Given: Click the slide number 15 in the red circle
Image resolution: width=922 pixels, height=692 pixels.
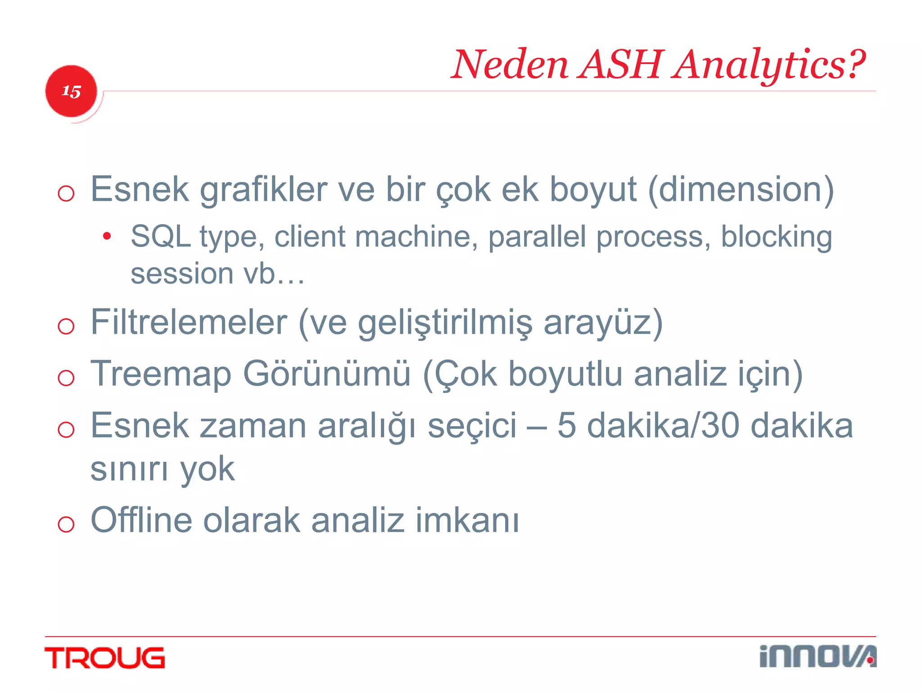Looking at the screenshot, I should click(71, 91).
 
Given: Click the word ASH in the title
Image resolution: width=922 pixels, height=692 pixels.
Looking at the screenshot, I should click(621, 64).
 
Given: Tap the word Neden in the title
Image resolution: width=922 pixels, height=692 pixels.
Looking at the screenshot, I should click(510, 64).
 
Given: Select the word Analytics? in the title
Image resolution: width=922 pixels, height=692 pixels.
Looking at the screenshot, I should click(769, 64).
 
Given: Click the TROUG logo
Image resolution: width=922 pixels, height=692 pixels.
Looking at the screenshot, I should click(105, 658).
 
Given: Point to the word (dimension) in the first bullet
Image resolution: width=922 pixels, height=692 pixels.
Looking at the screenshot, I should click(741, 190).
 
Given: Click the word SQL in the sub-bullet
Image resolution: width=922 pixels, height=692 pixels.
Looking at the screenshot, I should click(160, 237).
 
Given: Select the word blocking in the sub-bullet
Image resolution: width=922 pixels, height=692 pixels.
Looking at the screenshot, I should click(776, 237).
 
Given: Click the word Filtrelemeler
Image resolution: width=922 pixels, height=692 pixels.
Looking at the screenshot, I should click(189, 322).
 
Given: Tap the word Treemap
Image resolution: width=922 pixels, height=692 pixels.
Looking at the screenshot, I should click(161, 374).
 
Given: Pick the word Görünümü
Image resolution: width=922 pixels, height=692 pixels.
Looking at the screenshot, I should click(327, 374).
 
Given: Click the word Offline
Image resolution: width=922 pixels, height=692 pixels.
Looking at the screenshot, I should click(141, 520).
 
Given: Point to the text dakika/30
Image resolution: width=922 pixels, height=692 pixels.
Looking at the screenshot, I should click(664, 426).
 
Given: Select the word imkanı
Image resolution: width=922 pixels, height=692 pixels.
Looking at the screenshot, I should click(467, 520).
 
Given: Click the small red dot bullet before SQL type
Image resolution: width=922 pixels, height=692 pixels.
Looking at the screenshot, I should click(107, 236).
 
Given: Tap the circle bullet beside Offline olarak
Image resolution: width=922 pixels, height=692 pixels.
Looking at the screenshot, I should click(66, 524).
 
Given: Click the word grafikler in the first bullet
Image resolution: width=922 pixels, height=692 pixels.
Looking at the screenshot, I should click(263, 190).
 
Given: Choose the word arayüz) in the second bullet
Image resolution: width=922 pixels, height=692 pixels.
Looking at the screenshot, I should click(603, 322).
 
